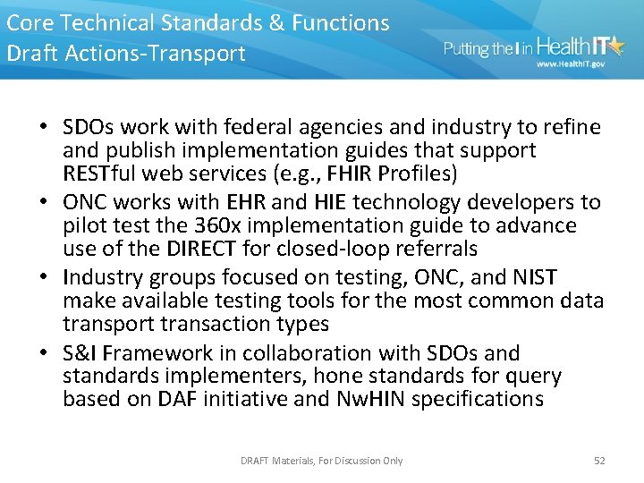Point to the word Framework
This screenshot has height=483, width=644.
tap(150, 353)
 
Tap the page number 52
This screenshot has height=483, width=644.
tap(599, 461)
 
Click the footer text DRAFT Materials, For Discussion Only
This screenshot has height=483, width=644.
tap(321, 461)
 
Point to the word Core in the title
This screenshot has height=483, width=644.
tap(29, 22)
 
